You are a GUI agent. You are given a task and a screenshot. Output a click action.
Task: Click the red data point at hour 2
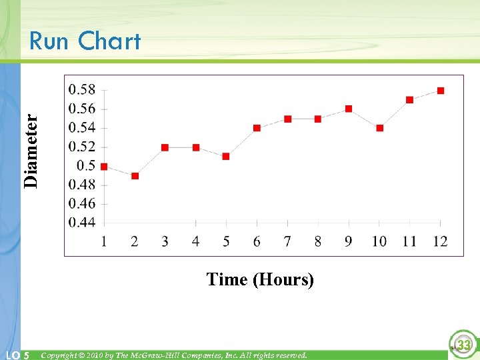[135, 176]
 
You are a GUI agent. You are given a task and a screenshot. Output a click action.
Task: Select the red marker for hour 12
[441, 91]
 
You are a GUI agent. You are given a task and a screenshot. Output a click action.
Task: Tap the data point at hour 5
[226, 157]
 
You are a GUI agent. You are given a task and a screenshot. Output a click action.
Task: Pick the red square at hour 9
[349, 109]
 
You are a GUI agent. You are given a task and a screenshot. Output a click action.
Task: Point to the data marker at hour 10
[380, 128]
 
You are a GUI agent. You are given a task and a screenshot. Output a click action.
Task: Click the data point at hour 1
[104, 167]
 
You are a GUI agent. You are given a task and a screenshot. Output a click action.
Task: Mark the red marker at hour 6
[257, 128]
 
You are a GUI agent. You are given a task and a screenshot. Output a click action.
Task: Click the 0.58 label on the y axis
[82, 90]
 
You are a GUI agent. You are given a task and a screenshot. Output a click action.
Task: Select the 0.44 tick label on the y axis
[82, 222]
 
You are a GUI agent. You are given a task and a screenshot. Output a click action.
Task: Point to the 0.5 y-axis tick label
[86, 165]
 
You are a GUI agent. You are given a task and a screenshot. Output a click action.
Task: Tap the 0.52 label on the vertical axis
[82, 147]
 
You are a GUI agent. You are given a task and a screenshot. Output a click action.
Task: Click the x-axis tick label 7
[287, 241]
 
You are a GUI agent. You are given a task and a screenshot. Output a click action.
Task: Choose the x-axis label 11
[409, 241]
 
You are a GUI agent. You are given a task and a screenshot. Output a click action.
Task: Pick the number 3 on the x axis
[165, 241]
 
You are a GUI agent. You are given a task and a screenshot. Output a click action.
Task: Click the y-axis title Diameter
[31, 150]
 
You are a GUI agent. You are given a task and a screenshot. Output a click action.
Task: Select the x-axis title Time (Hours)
[260, 279]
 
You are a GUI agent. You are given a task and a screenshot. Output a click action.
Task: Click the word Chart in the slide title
[109, 41]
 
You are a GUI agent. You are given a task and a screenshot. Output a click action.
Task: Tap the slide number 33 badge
[463, 345]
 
